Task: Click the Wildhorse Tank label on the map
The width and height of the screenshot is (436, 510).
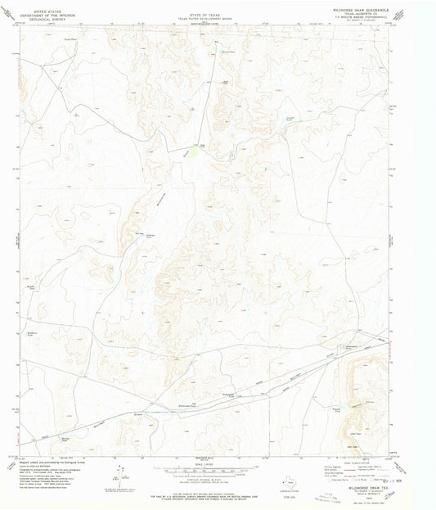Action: [33, 334]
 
